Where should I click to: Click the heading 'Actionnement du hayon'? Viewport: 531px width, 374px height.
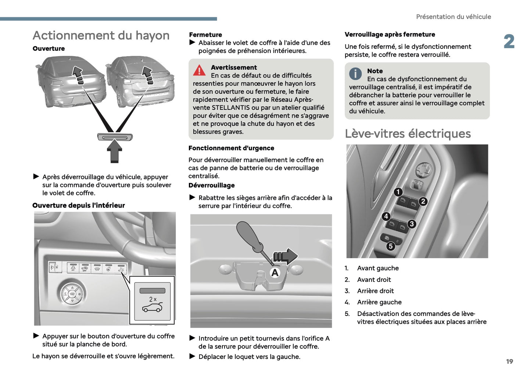101,36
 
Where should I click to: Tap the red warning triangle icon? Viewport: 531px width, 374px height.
199,70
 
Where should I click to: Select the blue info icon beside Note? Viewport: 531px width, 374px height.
355,74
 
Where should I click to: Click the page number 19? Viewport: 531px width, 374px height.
509,362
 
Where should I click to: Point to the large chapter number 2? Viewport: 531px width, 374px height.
509,42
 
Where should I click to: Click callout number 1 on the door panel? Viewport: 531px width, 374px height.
398,192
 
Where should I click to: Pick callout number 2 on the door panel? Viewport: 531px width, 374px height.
423,201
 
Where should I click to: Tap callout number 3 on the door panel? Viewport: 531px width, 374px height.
412,224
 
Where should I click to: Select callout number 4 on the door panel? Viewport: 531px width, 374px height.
386,216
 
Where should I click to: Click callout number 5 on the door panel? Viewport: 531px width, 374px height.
391,246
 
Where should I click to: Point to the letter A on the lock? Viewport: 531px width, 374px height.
275,273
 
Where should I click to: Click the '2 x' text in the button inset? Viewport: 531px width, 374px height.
153,299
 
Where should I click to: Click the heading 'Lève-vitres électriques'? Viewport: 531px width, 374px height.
408,134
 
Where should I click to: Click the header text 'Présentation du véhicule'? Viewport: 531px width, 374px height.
453,17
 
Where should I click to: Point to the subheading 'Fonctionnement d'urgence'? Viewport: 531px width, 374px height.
231,148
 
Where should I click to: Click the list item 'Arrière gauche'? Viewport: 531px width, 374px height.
379,302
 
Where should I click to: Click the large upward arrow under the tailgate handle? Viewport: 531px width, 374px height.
115,152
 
